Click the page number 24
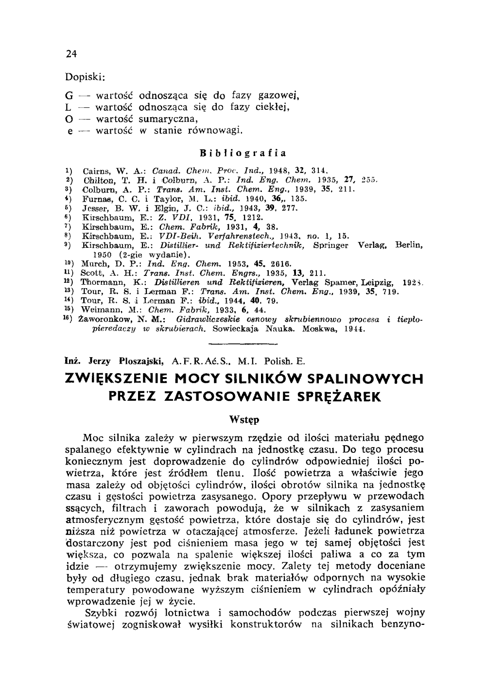[71, 54]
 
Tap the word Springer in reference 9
[331, 245]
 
